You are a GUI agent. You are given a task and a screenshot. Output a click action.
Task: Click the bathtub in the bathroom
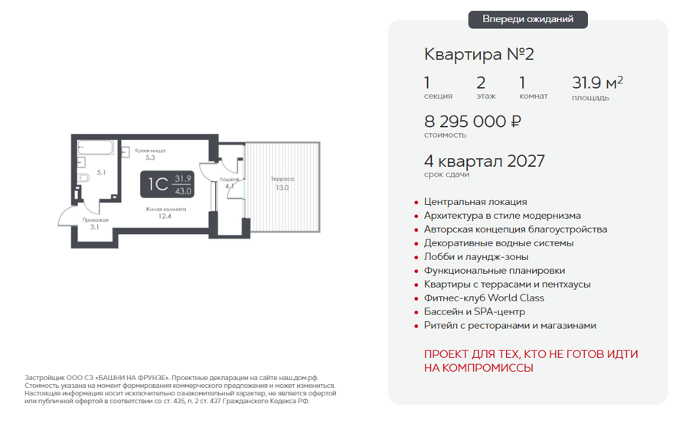pyautogui.click(x=96, y=148)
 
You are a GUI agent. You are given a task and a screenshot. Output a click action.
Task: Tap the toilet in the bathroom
pyautogui.click(x=83, y=178)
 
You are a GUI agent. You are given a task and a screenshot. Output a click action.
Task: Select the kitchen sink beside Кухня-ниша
pyautogui.click(x=126, y=152)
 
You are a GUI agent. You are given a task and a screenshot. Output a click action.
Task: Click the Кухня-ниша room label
pyautogui.click(x=150, y=151)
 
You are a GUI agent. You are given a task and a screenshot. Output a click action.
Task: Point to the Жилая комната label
pyautogui.click(x=165, y=210)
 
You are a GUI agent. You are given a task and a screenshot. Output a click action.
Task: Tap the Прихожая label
pyautogui.click(x=96, y=220)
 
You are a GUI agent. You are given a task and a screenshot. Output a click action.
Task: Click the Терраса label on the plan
pyautogui.click(x=282, y=179)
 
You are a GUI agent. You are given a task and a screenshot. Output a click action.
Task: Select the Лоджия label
pyautogui.click(x=230, y=179)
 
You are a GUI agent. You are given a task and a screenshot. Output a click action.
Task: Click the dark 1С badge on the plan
pyautogui.click(x=167, y=184)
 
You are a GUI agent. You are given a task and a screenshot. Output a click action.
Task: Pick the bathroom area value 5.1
pyautogui.click(x=102, y=173)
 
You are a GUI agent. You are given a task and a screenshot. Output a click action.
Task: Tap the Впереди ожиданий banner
pyautogui.click(x=527, y=19)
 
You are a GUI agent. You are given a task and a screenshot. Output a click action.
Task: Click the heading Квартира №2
pyautogui.click(x=479, y=54)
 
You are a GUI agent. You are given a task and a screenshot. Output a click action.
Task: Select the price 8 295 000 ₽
pyautogui.click(x=473, y=121)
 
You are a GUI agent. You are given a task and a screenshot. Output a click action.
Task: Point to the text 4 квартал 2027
pyautogui.click(x=485, y=161)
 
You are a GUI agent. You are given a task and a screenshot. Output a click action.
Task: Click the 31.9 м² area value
pyautogui.click(x=597, y=83)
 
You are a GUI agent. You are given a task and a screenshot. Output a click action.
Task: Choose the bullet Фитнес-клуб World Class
pyautogui.click(x=484, y=298)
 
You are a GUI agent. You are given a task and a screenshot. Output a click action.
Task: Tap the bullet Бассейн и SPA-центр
pyautogui.click(x=474, y=312)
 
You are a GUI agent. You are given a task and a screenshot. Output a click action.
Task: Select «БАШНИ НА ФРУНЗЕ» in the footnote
pyautogui.click(x=132, y=378)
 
